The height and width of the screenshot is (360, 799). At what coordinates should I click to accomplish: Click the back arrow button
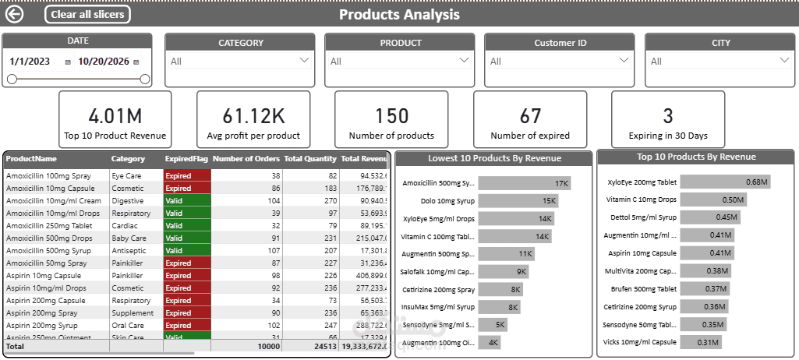(14, 14)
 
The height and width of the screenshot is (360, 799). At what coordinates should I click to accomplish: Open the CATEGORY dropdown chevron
(304, 60)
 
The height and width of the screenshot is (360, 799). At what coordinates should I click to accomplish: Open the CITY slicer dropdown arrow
(784, 60)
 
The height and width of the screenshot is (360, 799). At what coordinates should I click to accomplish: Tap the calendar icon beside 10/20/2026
(136, 62)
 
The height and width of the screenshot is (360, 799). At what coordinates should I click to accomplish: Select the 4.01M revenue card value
(115, 116)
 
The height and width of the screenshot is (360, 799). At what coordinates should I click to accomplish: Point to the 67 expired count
(530, 116)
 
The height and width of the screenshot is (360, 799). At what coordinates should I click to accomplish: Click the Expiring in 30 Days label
(667, 136)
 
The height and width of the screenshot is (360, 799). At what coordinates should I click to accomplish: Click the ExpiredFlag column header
(186, 159)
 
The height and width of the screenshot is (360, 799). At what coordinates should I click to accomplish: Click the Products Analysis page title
(399, 14)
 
